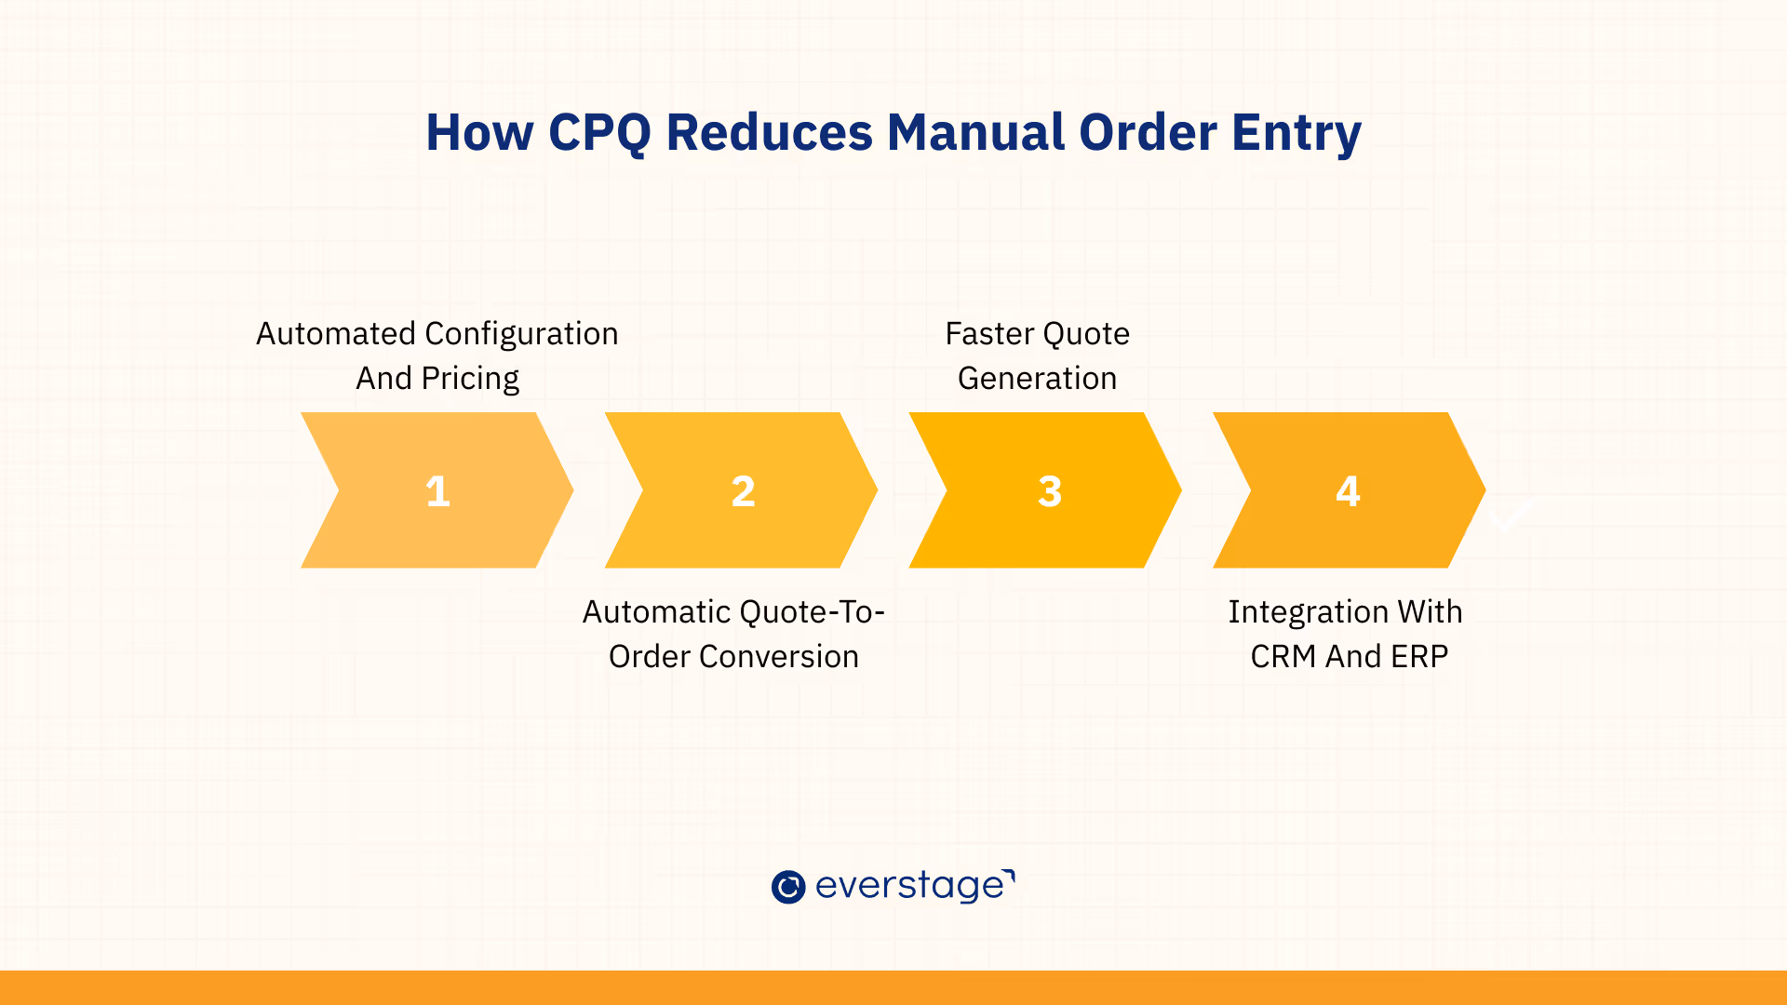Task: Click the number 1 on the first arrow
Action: (x=437, y=491)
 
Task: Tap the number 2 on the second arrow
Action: (x=743, y=491)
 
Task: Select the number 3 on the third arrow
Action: (x=1050, y=491)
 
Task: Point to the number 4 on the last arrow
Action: (x=1348, y=491)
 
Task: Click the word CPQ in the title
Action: (x=599, y=133)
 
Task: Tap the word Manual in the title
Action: (x=974, y=132)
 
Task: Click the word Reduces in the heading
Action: (x=770, y=132)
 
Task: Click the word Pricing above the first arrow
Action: (x=470, y=380)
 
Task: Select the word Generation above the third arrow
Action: (x=1037, y=378)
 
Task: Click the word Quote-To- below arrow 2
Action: (x=812, y=611)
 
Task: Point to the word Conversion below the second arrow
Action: (x=779, y=656)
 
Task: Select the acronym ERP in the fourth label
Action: (x=1419, y=656)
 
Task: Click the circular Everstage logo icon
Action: (x=788, y=887)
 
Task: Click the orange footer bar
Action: (x=893, y=987)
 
